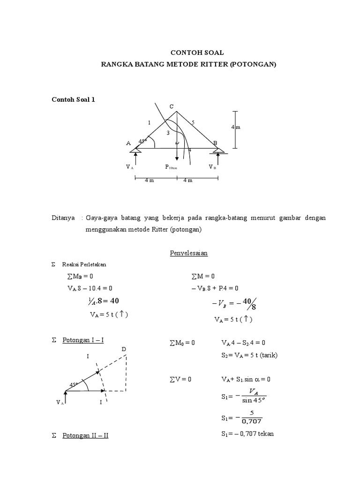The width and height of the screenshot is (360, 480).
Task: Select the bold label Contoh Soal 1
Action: pyautogui.click(x=73, y=99)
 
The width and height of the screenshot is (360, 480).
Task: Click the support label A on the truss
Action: pyautogui.click(x=128, y=143)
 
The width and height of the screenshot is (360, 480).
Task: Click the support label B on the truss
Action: pyautogui.click(x=215, y=143)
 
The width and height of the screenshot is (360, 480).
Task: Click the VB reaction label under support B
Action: pyautogui.click(x=212, y=167)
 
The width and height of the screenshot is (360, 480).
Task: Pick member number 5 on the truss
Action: pyautogui.click(x=193, y=122)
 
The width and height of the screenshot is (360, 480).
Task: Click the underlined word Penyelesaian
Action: pyautogui.click(x=188, y=253)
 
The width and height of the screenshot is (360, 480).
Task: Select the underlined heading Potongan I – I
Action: pyautogui.click(x=83, y=340)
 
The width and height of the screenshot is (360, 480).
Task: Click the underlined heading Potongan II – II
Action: pyautogui.click(x=85, y=435)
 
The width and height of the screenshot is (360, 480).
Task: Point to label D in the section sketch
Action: pyautogui.click(x=124, y=349)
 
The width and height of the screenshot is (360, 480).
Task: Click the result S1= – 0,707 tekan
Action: pyautogui.click(x=247, y=434)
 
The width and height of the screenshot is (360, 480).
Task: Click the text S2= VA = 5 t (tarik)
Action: pyautogui.click(x=249, y=355)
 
